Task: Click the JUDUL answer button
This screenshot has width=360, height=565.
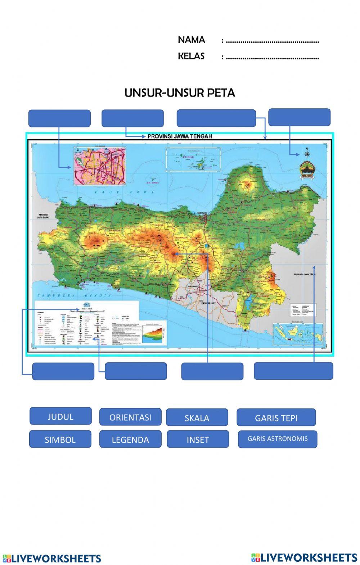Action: click(60, 417)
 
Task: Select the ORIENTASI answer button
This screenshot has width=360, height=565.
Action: click(130, 417)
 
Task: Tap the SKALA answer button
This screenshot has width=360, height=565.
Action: click(197, 418)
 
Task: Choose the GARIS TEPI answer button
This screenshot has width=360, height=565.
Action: click(276, 418)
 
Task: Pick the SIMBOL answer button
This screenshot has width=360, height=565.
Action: click(60, 439)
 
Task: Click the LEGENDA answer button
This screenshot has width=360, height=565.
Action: click(130, 439)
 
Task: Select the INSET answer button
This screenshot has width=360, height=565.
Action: click(198, 439)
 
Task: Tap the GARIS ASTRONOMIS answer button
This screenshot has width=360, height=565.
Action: click(278, 439)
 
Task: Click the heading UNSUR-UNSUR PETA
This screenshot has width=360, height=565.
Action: click(180, 93)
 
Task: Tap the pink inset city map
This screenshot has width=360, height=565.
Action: click(100, 166)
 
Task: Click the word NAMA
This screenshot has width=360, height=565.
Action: click(191, 40)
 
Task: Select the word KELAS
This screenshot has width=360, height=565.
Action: click(191, 56)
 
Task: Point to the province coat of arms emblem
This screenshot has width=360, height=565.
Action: click(307, 169)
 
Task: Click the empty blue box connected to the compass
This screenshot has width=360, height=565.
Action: click(299, 117)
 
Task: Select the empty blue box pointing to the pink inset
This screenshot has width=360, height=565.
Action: click(59, 118)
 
